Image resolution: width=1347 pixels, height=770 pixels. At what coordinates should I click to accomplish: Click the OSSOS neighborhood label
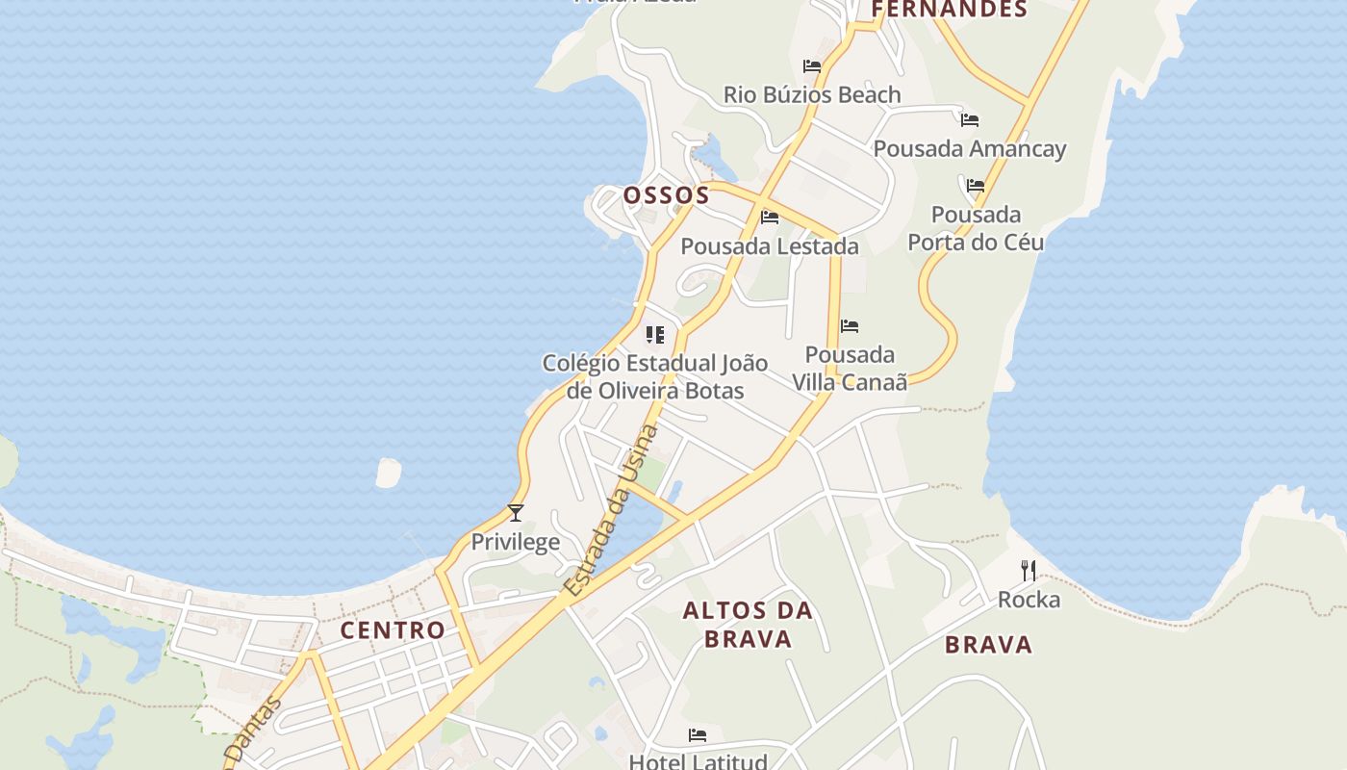(x=666, y=195)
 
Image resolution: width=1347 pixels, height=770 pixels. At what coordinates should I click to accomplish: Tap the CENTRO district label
(x=393, y=630)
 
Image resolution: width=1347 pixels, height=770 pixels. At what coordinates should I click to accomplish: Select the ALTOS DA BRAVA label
(x=748, y=624)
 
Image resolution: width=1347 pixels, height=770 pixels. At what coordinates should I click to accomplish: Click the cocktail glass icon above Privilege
(x=516, y=513)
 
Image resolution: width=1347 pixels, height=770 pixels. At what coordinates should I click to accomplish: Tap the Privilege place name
(x=515, y=542)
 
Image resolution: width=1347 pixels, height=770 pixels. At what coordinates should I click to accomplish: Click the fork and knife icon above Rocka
(x=1029, y=571)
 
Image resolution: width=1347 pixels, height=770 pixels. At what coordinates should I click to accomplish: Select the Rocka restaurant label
(x=1029, y=601)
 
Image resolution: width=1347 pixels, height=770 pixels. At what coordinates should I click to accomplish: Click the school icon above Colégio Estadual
(x=655, y=335)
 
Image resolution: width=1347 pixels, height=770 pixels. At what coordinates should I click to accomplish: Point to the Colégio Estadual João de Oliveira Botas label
(x=655, y=376)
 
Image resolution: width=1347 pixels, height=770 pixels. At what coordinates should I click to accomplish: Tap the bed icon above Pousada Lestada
(x=770, y=218)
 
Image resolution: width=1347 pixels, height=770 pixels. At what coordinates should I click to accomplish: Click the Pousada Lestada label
(x=770, y=246)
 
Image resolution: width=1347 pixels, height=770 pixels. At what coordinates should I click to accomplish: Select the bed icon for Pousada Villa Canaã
(x=850, y=327)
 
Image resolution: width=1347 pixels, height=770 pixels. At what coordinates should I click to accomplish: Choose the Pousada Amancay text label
(x=970, y=149)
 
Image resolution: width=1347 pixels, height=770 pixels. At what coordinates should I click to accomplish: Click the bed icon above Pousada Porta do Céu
(x=976, y=186)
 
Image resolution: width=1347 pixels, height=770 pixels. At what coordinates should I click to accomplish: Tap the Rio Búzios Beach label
(x=812, y=94)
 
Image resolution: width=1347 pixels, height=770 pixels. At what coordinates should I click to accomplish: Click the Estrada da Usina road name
(x=613, y=510)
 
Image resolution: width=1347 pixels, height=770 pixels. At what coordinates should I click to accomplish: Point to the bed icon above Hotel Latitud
(x=698, y=735)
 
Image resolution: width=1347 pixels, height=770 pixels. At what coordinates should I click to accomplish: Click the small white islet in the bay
(x=388, y=473)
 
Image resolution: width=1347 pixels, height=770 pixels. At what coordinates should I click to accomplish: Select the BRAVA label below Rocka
(x=988, y=645)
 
